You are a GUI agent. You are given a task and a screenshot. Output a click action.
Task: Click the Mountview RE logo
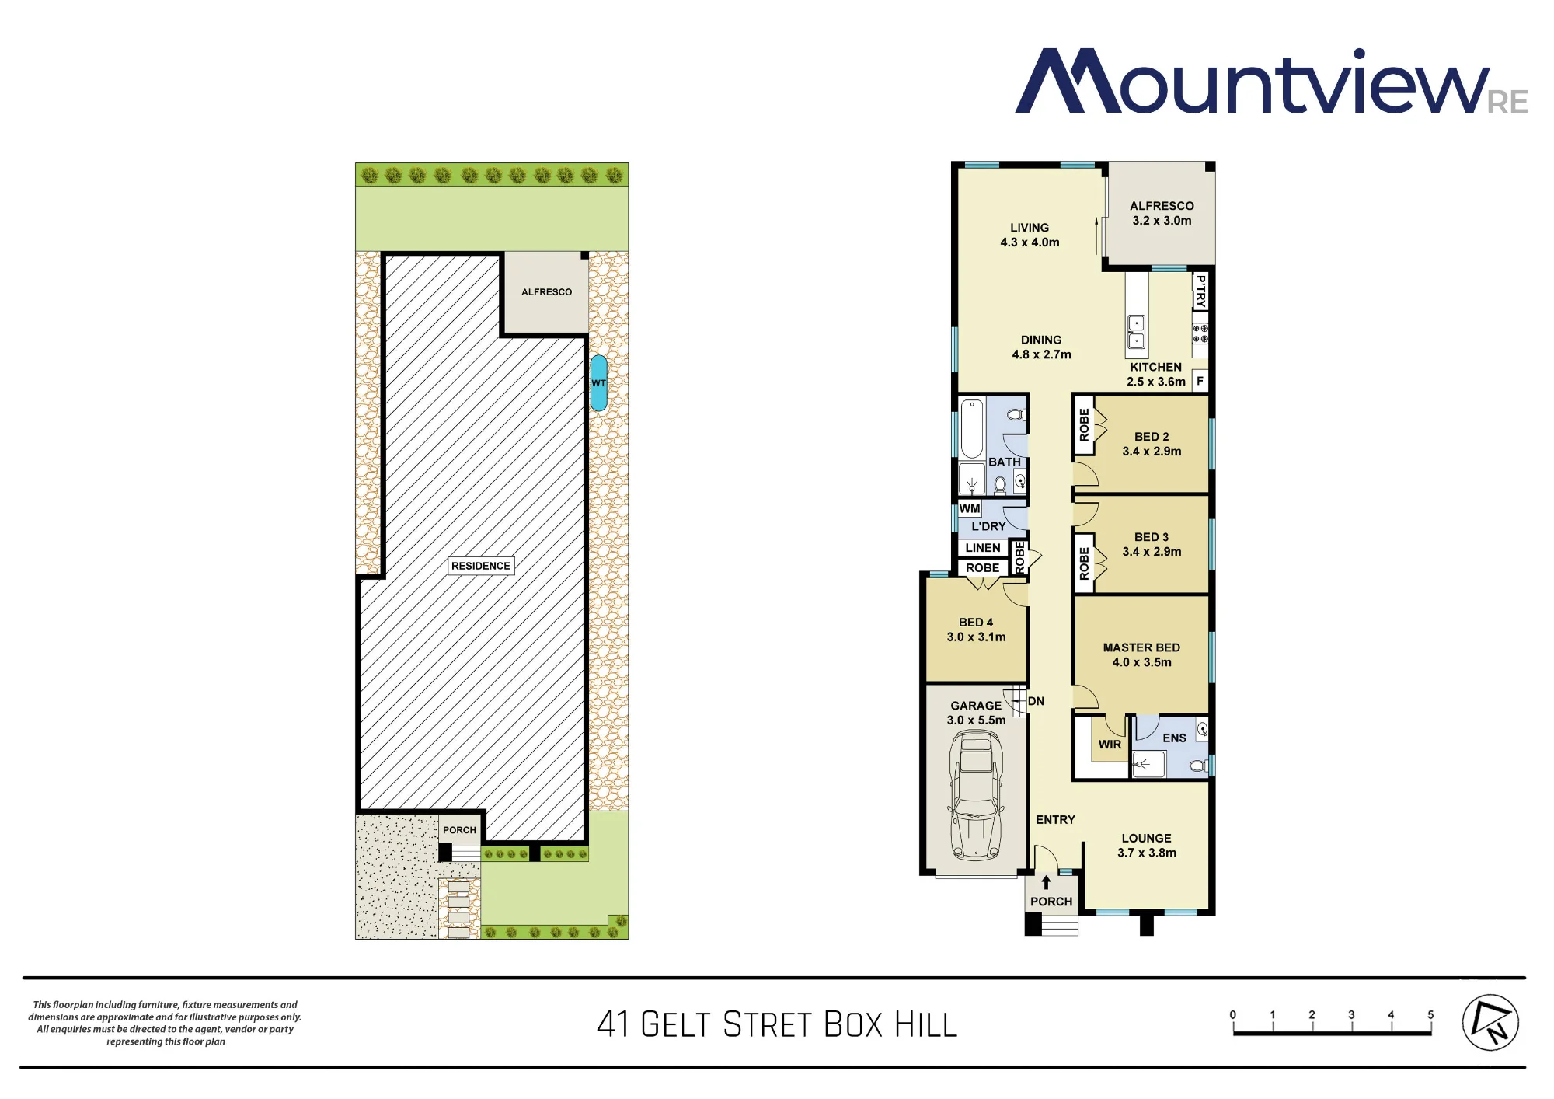pos(1271,82)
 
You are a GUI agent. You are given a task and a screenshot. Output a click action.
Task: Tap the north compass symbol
pos(1490,1022)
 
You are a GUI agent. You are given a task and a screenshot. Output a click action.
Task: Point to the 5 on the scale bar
pos(1430,1014)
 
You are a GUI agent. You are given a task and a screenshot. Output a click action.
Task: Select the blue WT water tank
pos(598,383)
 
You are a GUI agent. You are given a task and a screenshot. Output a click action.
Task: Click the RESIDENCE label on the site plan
pos(481,566)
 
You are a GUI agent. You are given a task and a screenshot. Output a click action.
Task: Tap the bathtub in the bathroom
pos(972,428)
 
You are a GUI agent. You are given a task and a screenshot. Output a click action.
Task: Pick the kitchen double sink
pos(1136,332)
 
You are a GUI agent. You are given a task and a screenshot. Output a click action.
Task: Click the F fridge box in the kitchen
pos(1200,381)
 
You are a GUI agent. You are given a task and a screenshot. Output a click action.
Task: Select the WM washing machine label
pos(970,508)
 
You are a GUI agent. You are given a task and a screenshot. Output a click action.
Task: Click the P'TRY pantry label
pos(1200,291)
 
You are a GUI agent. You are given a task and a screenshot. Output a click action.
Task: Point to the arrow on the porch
pos(1046,882)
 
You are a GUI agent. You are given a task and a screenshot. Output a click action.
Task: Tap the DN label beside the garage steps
pos(1036,701)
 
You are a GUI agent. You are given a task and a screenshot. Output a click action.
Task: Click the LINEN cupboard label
pos(983,548)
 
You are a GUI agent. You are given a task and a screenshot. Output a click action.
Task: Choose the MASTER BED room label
pos(1141,647)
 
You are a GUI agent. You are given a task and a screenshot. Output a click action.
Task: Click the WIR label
pos(1110,745)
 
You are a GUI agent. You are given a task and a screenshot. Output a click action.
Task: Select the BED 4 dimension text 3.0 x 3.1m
pos(976,637)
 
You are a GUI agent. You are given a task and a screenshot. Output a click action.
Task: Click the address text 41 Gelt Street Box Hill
pos(777,1024)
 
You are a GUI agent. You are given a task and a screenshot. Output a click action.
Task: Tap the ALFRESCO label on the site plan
pos(546,292)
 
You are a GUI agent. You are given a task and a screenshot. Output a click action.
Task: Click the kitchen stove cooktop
pos(1200,334)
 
